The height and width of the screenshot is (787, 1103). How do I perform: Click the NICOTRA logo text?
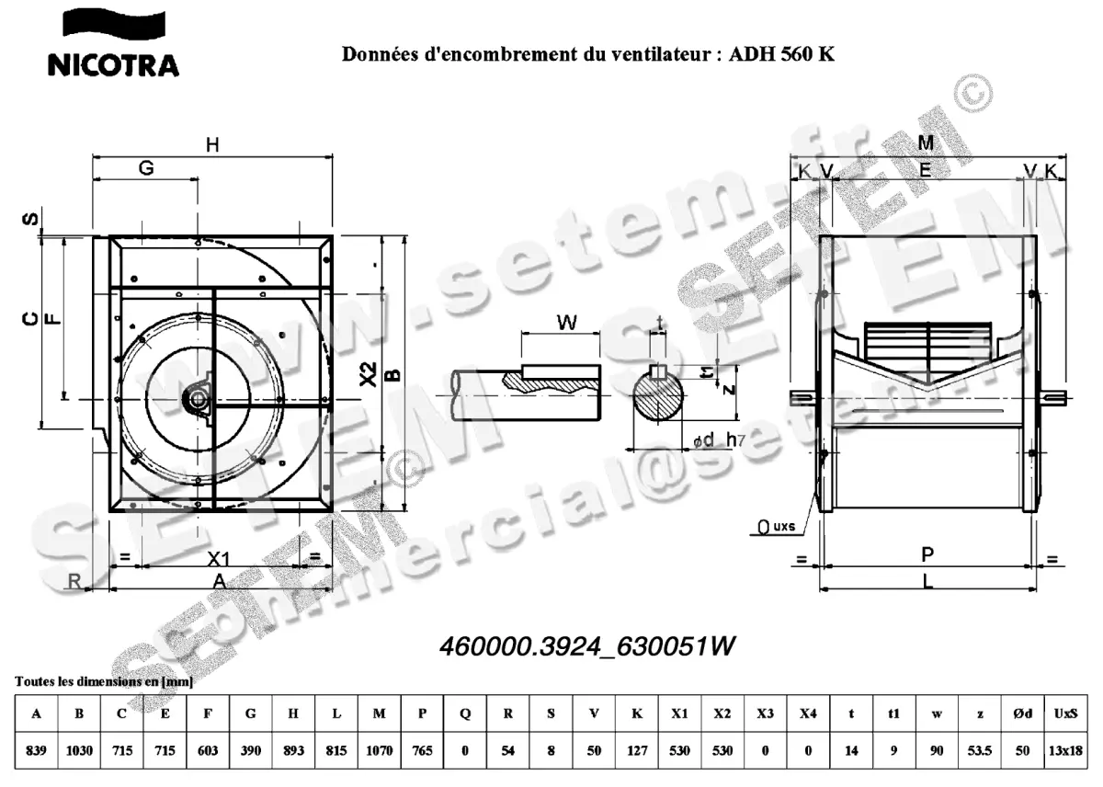point(113,64)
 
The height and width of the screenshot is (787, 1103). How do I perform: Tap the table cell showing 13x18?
point(1065,750)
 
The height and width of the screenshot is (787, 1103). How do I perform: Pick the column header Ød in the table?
point(1022,713)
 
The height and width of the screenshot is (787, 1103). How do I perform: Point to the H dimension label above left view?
point(212,144)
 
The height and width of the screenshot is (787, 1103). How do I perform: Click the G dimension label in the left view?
point(145,168)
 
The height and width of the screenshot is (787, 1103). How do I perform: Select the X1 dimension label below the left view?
point(217,559)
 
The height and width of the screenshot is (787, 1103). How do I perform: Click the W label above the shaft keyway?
point(567,322)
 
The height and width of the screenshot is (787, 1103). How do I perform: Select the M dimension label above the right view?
point(926,143)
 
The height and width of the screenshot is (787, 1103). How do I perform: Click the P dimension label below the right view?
point(927,553)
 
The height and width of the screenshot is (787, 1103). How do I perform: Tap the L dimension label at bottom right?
point(927,579)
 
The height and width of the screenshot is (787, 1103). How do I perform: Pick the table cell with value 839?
point(36,750)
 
